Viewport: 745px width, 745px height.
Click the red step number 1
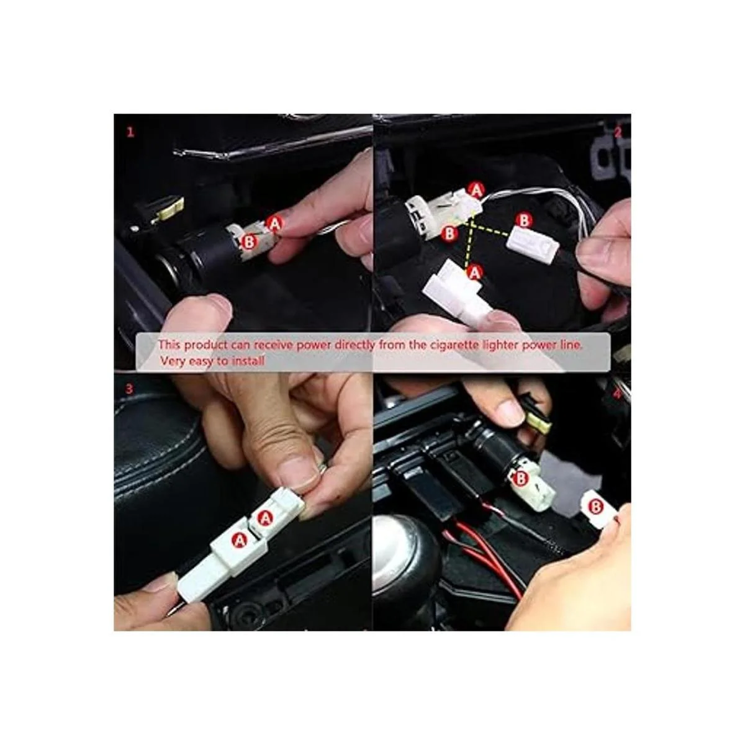point(130,132)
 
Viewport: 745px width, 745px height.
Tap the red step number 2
point(618,132)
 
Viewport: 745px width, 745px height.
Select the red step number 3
point(129,389)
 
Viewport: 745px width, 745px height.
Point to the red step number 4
point(617,394)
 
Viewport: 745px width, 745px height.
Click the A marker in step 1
point(275,223)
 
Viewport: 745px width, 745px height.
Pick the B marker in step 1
point(248,242)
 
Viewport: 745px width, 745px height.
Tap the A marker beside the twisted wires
point(476,190)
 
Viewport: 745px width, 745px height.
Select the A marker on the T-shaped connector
point(474,273)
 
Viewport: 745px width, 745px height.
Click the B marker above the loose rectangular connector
point(524,221)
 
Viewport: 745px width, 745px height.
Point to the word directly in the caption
point(354,345)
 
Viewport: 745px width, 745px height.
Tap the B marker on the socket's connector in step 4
point(521,479)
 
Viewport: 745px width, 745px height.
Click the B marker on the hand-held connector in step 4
point(596,507)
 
